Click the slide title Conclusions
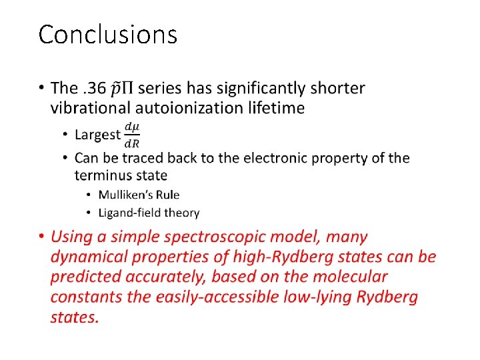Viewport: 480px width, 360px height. tap(107, 34)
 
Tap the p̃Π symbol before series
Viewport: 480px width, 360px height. tap(125, 88)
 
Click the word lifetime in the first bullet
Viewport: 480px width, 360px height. tap(274, 107)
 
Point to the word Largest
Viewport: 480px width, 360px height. tap(97, 135)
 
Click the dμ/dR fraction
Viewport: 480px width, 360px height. tap(131, 134)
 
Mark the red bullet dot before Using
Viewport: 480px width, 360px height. tap(41, 237)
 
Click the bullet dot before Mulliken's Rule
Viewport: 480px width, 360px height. tap(89, 195)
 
